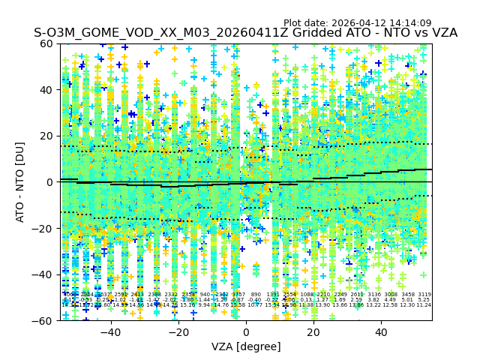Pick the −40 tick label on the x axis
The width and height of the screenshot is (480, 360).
[110, 332]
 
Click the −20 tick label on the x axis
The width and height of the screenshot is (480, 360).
[178, 332]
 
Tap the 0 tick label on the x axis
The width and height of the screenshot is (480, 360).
[246, 332]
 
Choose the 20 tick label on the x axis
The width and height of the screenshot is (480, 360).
[313, 332]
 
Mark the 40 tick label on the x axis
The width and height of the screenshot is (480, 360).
[381, 332]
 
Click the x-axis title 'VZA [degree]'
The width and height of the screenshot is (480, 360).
[246, 346]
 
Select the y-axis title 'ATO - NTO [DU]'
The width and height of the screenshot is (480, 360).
[21, 182]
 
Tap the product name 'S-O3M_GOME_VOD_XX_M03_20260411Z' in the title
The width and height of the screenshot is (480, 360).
[143, 34]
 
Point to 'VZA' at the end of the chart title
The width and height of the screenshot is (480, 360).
[442, 34]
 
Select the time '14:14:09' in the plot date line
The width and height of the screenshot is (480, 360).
[411, 23]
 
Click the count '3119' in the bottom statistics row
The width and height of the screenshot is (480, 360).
[424, 295]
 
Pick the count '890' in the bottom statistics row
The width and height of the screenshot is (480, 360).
[256, 295]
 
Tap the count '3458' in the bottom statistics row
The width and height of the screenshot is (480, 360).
[407, 295]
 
